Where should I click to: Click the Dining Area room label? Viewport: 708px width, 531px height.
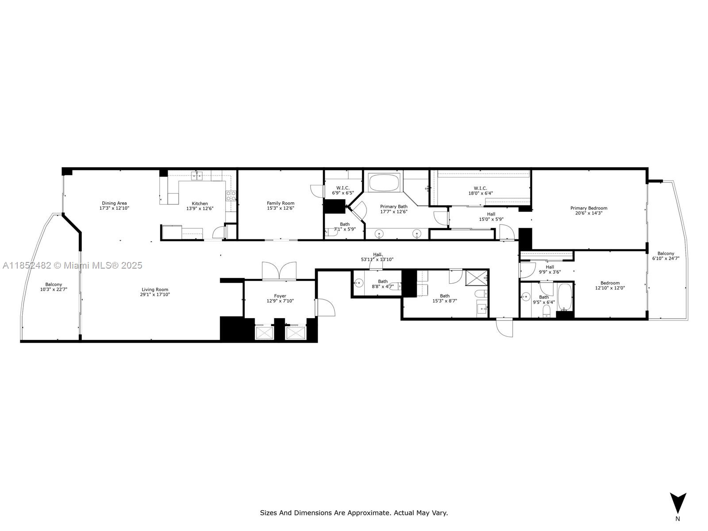click(114, 204)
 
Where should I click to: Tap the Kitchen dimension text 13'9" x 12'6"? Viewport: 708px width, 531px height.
click(200, 208)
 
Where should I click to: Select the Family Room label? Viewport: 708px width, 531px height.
click(281, 204)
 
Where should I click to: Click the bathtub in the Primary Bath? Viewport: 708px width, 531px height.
click(384, 182)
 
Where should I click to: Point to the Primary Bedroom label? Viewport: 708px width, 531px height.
click(589, 208)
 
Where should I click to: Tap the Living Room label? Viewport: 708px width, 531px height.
click(155, 289)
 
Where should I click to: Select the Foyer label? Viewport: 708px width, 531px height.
click(280, 296)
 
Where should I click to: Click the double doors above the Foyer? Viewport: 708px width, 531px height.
click(279, 271)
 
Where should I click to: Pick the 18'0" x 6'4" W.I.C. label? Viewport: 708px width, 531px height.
click(480, 191)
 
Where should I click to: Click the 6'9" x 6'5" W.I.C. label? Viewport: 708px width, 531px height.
click(343, 191)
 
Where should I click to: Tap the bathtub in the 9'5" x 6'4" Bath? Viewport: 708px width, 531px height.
click(565, 297)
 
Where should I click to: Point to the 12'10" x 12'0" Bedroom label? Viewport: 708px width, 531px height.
click(610, 285)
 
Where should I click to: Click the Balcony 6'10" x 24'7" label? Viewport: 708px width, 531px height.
click(666, 256)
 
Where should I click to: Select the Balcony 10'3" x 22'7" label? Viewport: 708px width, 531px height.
click(54, 287)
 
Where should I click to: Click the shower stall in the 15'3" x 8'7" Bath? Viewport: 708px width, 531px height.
click(476, 278)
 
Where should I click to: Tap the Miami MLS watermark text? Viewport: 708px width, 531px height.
click(73, 265)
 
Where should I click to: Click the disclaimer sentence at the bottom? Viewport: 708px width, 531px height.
click(354, 513)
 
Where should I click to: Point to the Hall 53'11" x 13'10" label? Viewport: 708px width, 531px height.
click(377, 257)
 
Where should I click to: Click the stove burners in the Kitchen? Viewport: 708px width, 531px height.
click(231, 196)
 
